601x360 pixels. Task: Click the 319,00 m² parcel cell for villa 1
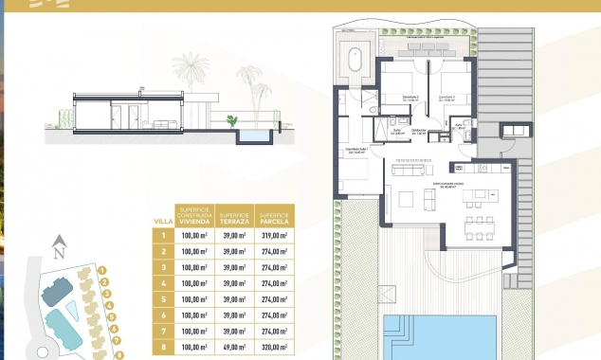274,236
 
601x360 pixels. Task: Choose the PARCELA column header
274,215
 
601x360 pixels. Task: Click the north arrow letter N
59,252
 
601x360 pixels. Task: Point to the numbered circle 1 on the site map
100,270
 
